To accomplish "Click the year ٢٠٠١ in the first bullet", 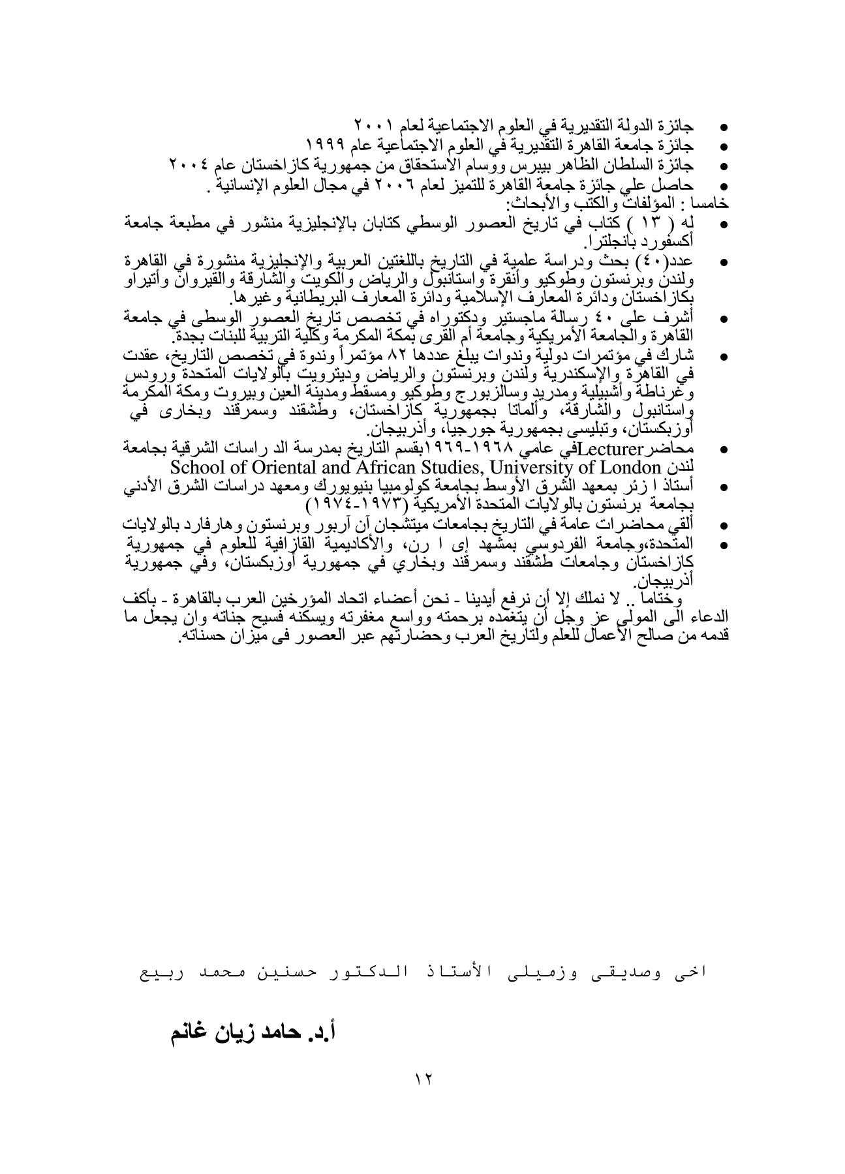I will point(372,123).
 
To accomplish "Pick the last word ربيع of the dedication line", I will point(161,972).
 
